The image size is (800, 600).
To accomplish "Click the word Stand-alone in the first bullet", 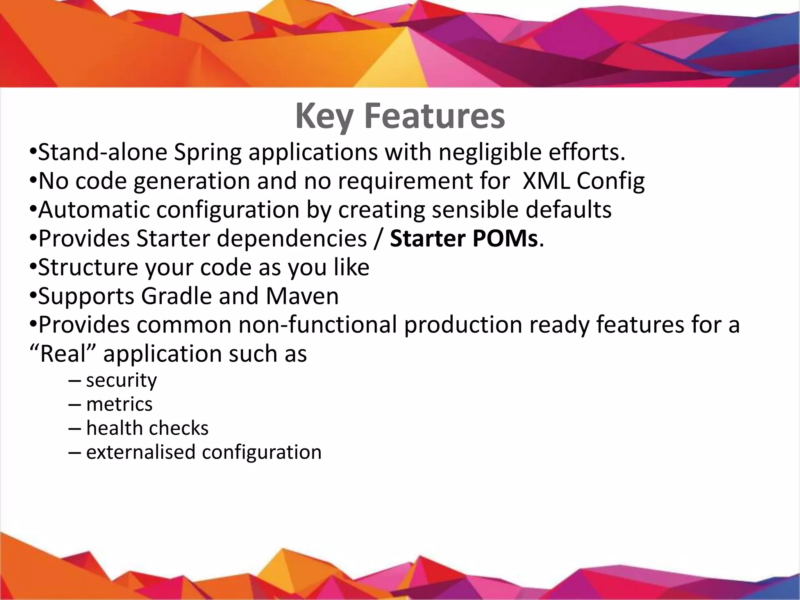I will click(103, 152).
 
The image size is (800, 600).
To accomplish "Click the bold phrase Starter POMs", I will click(464, 239).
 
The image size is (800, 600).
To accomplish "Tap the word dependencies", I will click(292, 239).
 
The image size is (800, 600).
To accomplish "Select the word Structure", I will click(88, 268).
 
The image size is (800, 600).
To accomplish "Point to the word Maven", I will click(302, 296).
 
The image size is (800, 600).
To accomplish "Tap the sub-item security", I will click(121, 380).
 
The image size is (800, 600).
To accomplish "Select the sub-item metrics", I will click(119, 404).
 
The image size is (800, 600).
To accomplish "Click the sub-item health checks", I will click(147, 428).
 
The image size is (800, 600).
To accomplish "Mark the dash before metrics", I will click(75, 405).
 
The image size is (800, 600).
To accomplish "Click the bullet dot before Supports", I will click(33, 296).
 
